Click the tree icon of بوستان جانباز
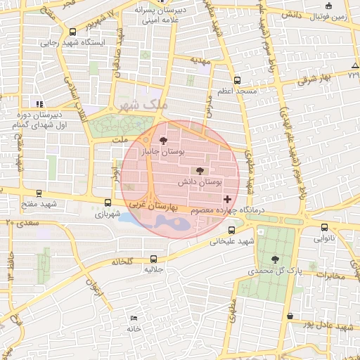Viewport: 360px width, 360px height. click(165, 141)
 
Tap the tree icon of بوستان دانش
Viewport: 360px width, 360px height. click(199, 171)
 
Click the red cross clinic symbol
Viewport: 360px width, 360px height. click(226, 200)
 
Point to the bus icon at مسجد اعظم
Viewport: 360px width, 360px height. click(237, 80)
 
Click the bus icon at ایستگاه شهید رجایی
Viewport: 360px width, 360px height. click(73, 32)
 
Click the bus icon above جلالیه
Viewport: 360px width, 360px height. click(154, 259)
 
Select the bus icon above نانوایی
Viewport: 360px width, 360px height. click(324, 227)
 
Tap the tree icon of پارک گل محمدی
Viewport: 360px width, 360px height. click(275, 259)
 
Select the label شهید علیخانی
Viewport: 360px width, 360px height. click(231, 242)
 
